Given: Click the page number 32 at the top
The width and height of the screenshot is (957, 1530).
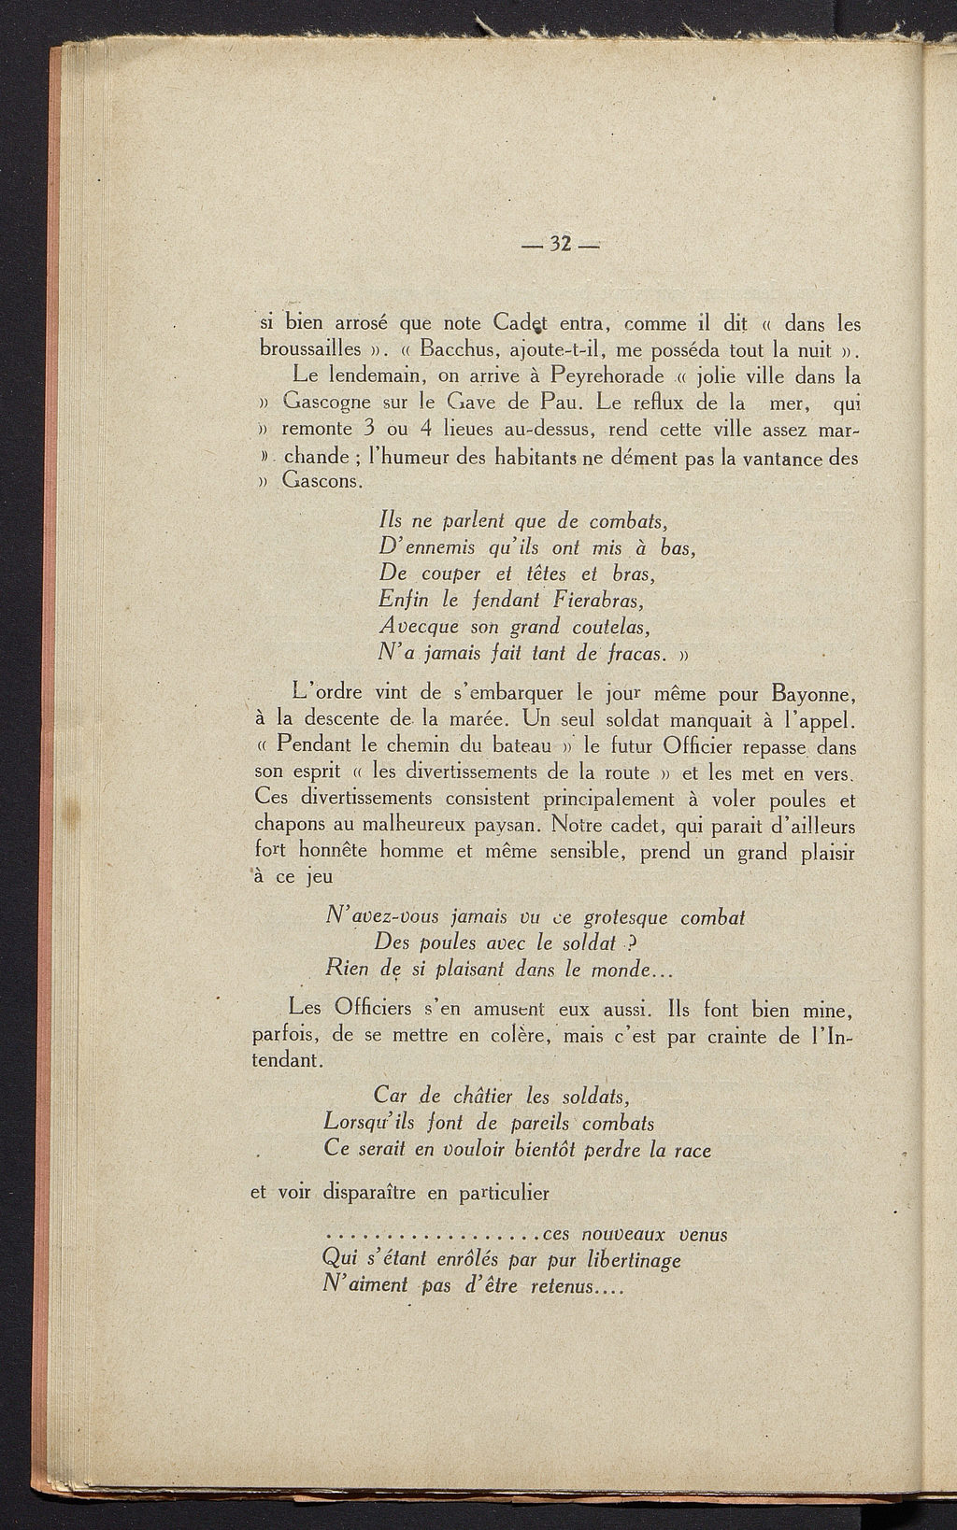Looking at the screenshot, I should (x=561, y=245).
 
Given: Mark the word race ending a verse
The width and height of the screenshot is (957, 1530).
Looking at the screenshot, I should (x=693, y=1150).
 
